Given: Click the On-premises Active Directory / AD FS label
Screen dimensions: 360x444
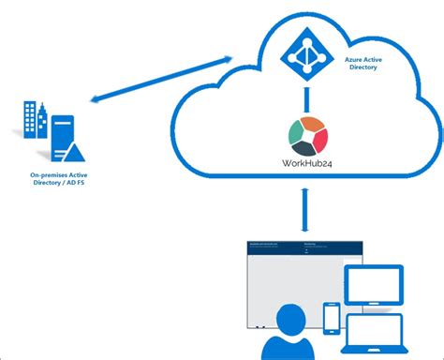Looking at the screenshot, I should click(x=58, y=179).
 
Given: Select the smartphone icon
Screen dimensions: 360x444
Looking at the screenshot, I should click(x=331, y=316).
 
